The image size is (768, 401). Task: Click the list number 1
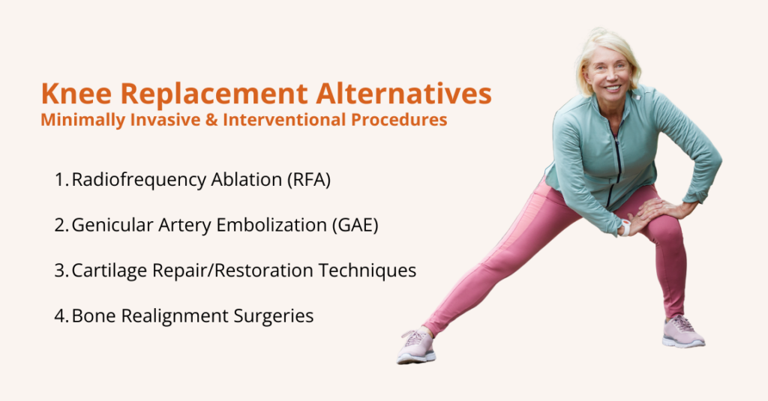[x=60, y=181]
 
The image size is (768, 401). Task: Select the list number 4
[x=61, y=316]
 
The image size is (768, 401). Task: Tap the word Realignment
[x=169, y=316]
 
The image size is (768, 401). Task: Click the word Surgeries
[x=275, y=316]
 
